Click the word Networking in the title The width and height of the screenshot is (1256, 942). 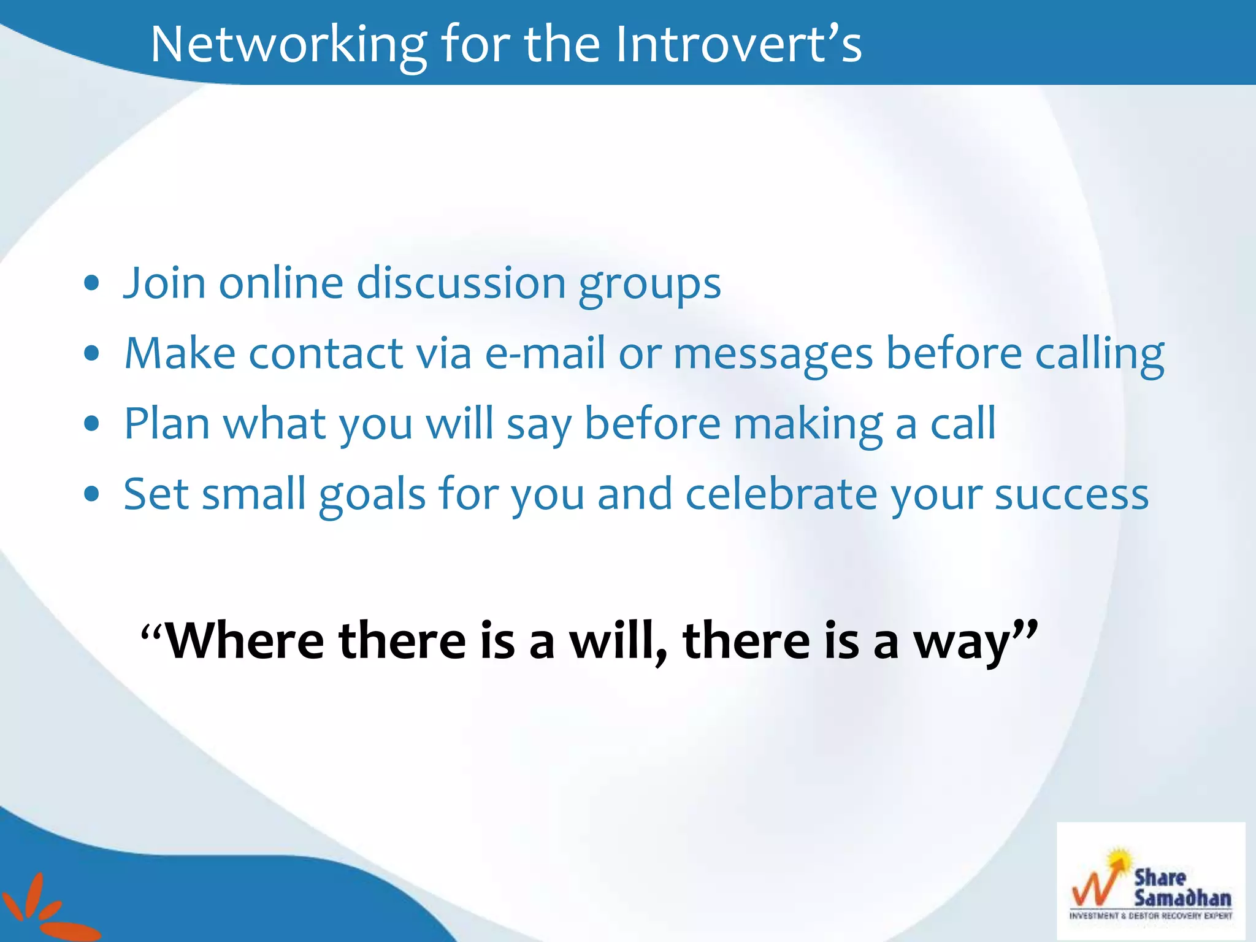coord(288,44)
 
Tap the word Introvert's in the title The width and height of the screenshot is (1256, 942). coord(738,44)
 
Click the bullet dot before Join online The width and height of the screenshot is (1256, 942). coord(92,283)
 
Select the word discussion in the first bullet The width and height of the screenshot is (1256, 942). coord(461,283)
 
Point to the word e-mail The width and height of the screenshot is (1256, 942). coord(545,354)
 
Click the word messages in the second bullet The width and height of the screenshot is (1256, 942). coord(773,354)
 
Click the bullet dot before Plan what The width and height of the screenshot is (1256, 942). coord(92,424)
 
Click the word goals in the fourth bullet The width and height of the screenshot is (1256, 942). coord(372,496)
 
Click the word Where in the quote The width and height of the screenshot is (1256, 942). coord(245,641)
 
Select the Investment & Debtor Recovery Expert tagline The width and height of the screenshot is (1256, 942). coord(1151,916)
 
